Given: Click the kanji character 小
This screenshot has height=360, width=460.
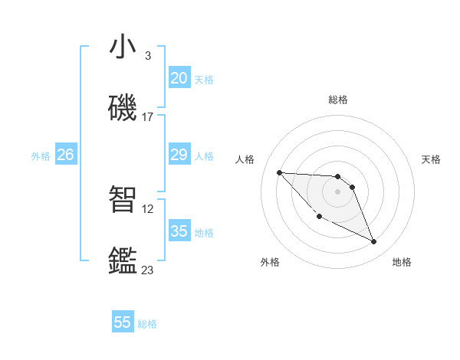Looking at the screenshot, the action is tap(123, 47).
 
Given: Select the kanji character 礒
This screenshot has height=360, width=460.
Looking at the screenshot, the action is tap(123, 109).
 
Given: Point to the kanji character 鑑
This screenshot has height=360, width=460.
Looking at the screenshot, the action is tap(123, 261).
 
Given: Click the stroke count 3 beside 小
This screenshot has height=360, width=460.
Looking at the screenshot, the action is tap(147, 56).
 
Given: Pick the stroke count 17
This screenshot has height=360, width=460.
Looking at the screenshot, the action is tap(147, 117).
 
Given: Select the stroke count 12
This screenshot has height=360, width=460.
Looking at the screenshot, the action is tap(149, 208).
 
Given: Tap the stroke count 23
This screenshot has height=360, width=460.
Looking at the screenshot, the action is tap(147, 270).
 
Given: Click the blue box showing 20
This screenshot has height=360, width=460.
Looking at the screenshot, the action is tap(179, 77).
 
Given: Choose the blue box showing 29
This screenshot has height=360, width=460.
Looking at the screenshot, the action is tap(179, 155).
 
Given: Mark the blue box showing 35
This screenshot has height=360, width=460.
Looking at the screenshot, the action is tap(179, 231).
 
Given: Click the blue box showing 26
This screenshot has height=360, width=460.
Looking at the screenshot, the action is tap(65, 155).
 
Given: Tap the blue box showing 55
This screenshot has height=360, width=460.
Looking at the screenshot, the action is tap(123, 322).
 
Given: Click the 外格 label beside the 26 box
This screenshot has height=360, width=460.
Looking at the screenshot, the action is tap(41, 156).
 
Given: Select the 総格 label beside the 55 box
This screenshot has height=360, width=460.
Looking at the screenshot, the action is tap(147, 324).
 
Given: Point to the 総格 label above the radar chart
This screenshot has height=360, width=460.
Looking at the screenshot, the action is tap(338, 100).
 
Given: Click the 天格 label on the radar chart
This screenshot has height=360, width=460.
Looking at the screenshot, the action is tap(432, 159).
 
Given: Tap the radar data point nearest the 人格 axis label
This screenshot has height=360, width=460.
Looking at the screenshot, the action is tap(279, 172).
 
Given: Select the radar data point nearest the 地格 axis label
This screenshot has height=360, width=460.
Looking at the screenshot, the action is tap(374, 242).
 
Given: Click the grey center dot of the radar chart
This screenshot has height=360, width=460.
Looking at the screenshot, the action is tap(338, 191).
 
